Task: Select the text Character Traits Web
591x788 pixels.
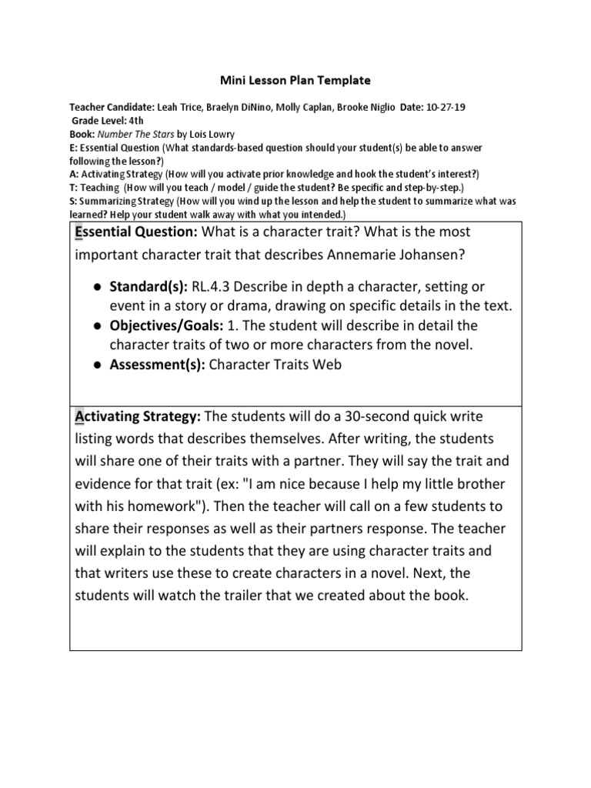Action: (x=275, y=366)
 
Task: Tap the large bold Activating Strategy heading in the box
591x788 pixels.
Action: (x=137, y=416)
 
